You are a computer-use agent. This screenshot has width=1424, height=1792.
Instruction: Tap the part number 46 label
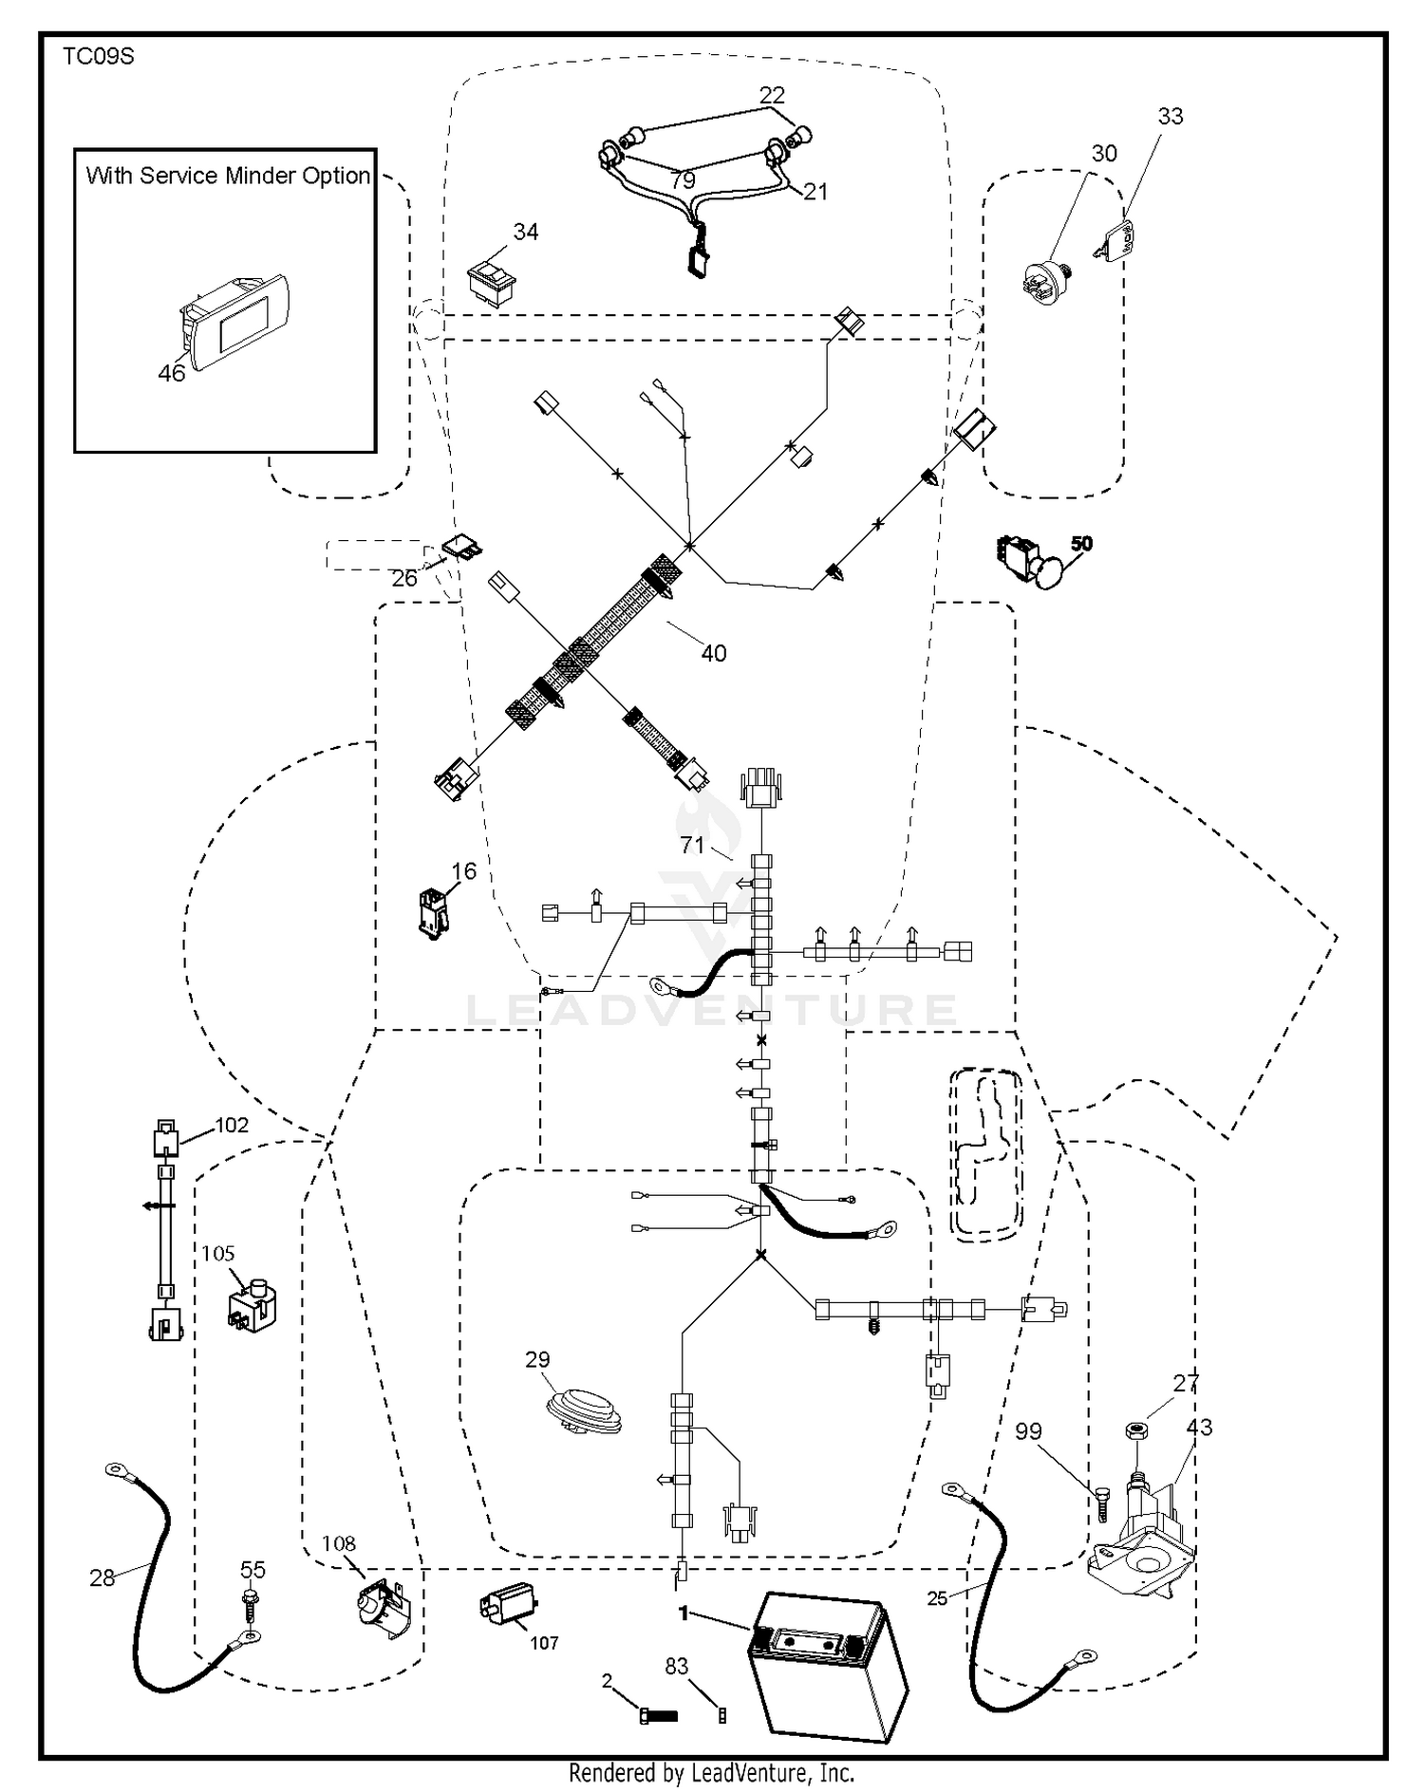[x=172, y=374]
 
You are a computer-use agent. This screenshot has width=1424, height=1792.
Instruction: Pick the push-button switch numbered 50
[x=1031, y=562]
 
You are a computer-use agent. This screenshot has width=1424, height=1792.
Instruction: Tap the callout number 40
[x=714, y=653]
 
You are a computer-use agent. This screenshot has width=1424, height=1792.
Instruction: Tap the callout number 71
[x=692, y=845]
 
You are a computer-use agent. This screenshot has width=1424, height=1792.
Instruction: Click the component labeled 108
[x=378, y=1609]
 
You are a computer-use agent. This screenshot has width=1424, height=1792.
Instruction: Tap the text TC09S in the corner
[x=99, y=57]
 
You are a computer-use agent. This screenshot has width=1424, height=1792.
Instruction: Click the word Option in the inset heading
[x=335, y=177]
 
